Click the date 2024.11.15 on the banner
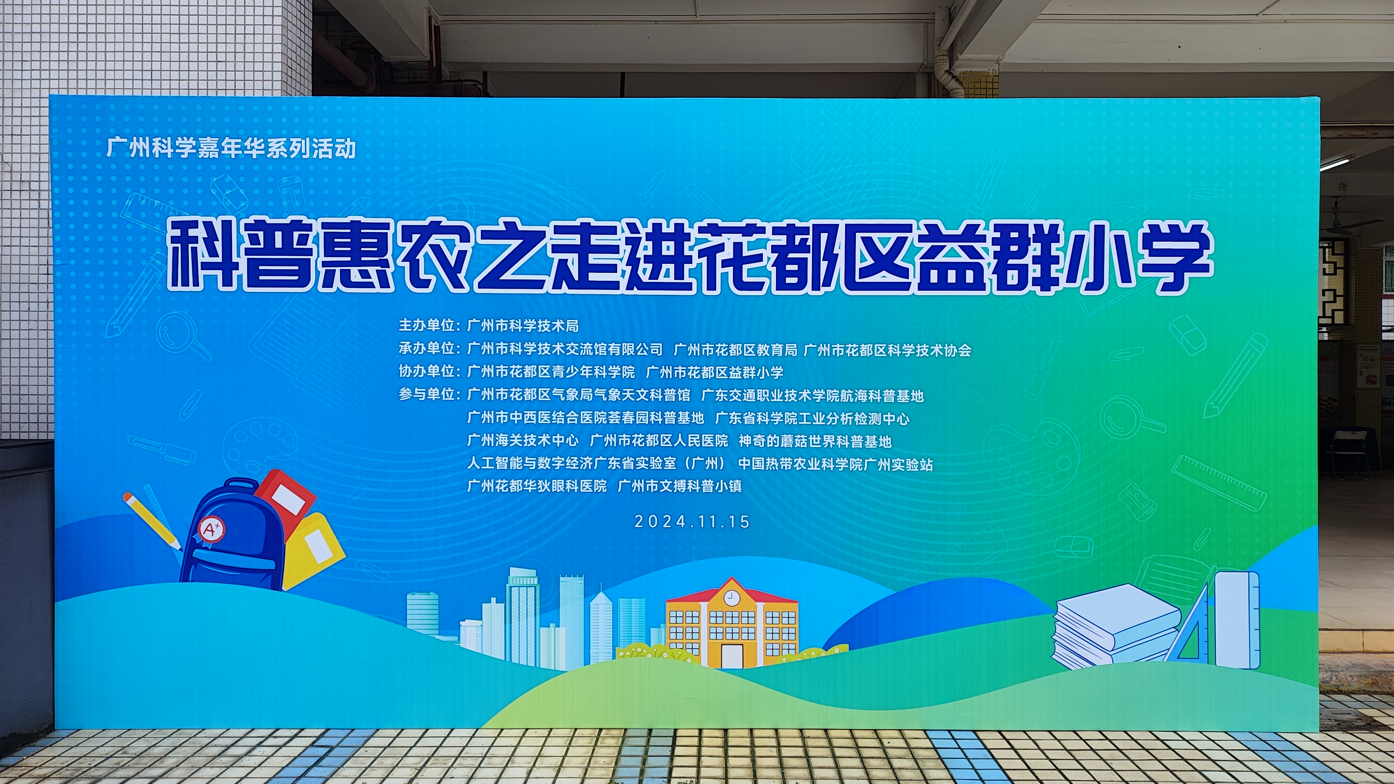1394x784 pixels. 692,522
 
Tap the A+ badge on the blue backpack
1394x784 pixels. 211,529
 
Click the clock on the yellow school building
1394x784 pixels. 732,597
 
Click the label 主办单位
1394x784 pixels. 427,325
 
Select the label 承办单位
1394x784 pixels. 427,348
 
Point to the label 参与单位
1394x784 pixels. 427,394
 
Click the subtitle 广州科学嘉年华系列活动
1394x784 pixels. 231,148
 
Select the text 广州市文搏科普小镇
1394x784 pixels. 680,486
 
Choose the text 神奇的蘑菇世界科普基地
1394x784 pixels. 815,441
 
